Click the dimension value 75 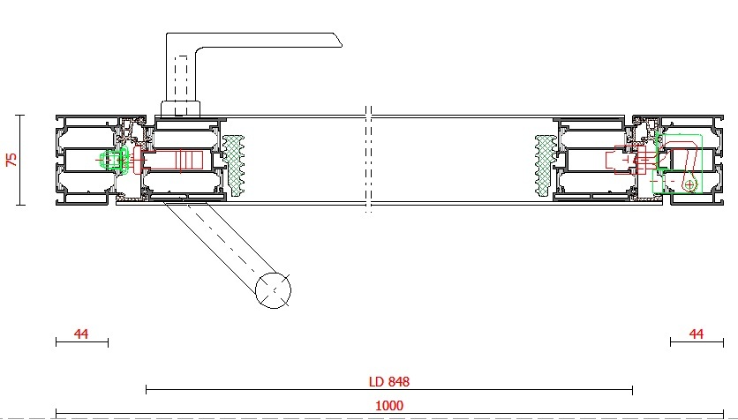coord(11,160)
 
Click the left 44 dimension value coord(81,334)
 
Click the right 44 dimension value coord(697,334)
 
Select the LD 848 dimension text coord(389,381)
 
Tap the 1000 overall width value coord(389,405)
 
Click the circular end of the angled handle coord(273,290)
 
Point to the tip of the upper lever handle coord(341,45)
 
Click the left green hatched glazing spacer coord(233,166)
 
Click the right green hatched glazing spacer coord(546,166)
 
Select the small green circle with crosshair coord(689,184)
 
